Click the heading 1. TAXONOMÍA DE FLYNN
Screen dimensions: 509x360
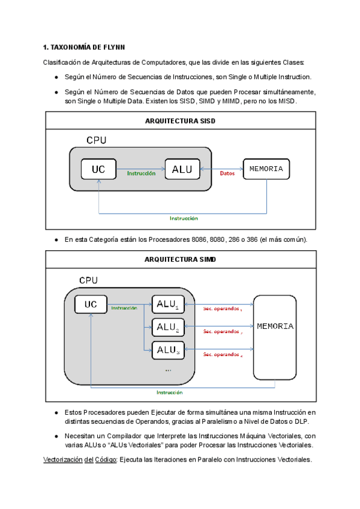[83, 47]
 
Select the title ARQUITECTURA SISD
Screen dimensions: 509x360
[180, 121]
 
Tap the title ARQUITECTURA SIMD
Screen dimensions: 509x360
[180, 259]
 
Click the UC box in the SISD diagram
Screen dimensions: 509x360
[98, 170]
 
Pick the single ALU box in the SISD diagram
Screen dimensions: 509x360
[182, 170]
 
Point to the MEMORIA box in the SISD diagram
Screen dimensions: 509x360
[266, 169]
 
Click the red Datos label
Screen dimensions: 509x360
[227, 173]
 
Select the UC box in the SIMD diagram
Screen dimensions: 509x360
[91, 304]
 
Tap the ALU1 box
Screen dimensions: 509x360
[168, 305]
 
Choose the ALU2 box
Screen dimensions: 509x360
[168, 327]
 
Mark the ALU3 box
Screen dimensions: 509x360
[168, 349]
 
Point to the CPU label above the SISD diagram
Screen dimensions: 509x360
[97, 140]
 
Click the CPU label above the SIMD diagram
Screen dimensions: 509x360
[89, 281]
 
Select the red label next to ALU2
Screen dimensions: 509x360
[222, 331]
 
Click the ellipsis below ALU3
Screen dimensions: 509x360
[168, 370]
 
